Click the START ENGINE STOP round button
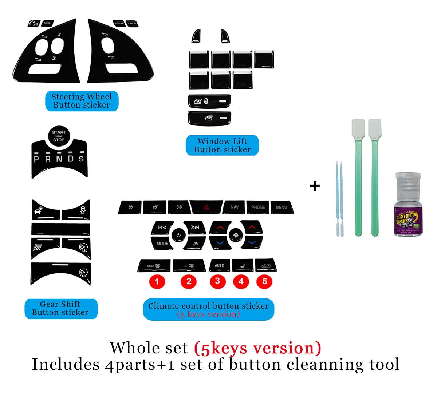(x=59, y=136)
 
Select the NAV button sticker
(x=234, y=207)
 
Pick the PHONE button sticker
(x=258, y=207)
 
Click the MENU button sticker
(x=281, y=207)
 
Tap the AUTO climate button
(x=219, y=265)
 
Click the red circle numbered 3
(x=217, y=281)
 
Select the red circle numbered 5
(x=264, y=281)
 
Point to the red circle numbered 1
(x=157, y=281)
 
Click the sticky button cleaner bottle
(x=408, y=205)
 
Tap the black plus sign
(x=315, y=186)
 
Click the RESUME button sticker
(x=119, y=23)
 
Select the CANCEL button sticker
(x=132, y=23)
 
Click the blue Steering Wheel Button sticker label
(x=82, y=101)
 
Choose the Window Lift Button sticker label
(x=222, y=145)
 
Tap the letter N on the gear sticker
(x=59, y=159)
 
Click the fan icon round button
(x=235, y=235)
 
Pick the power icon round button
(x=178, y=235)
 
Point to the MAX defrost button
(x=154, y=266)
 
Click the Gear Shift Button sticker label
(x=60, y=309)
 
